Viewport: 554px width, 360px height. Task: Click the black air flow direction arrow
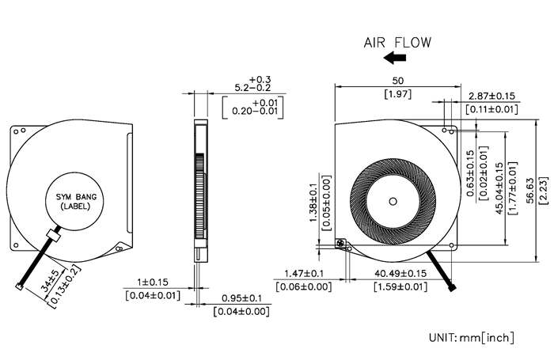tap(395, 58)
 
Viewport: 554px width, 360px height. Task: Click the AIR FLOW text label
tap(397, 43)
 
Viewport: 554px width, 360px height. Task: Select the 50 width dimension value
tap(398, 81)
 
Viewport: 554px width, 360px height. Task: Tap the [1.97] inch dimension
tap(398, 94)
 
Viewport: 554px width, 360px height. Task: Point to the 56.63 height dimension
tap(530, 191)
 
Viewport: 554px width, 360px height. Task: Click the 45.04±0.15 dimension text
tap(499, 188)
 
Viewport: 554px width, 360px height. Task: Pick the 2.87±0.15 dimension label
tap(491, 96)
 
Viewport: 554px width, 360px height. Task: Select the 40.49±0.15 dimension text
tap(400, 274)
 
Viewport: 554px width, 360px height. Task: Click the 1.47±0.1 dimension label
tap(304, 274)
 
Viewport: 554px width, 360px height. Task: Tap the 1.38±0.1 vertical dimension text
tap(313, 203)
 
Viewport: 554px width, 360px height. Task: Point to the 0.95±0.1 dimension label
tap(241, 298)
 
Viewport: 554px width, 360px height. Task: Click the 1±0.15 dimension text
tap(153, 282)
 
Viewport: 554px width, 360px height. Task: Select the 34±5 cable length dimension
tap(50, 280)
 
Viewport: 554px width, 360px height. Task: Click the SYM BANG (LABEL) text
tap(76, 202)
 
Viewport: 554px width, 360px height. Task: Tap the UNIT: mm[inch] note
tap(472, 337)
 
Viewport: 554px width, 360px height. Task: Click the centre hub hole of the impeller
tap(393, 202)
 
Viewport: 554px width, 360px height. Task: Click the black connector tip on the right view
tap(452, 287)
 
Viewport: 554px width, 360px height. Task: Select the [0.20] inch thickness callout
tap(253, 108)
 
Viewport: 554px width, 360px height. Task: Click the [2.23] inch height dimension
tap(544, 191)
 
